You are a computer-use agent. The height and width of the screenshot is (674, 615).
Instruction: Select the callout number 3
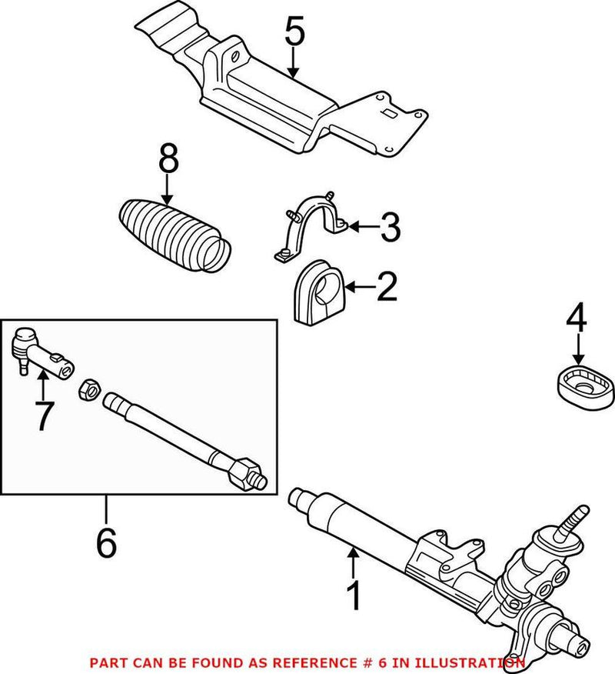pos(391,227)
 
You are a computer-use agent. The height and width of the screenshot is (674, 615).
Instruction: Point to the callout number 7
pos(42,415)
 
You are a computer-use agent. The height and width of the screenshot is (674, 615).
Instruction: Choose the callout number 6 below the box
pos(106,542)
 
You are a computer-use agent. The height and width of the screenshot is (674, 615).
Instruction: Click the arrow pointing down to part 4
pos(577,350)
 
